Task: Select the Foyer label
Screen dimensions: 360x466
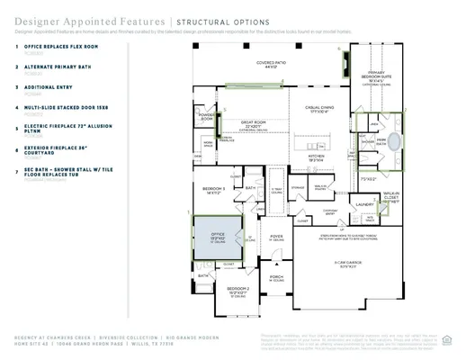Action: tap(277, 237)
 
